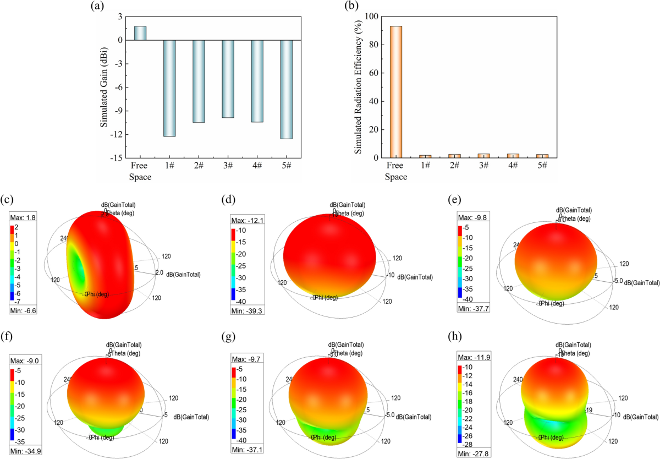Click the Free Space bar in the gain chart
(x=140, y=33)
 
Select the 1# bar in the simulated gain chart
(x=169, y=88)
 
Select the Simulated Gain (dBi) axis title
(x=104, y=87)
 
